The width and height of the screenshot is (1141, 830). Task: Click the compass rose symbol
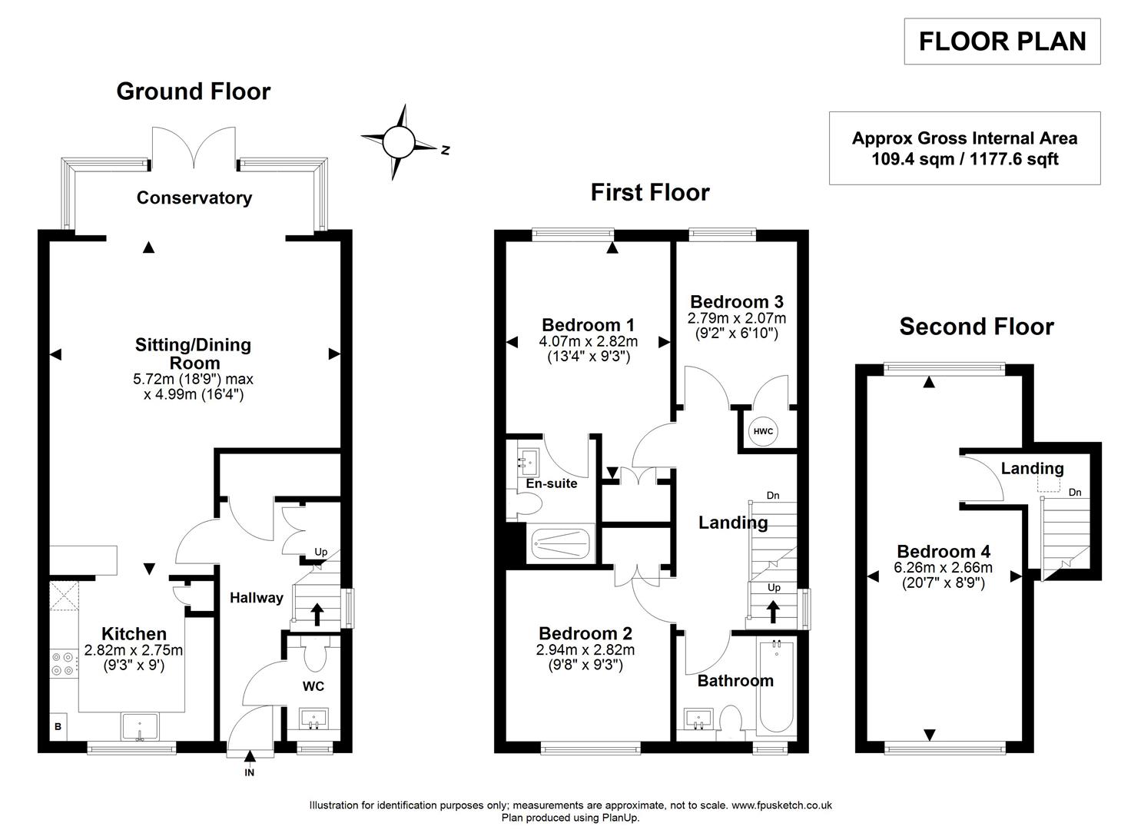tap(399, 142)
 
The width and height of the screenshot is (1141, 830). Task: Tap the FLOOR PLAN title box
tap(1002, 41)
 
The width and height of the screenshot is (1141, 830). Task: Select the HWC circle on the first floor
tap(762, 431)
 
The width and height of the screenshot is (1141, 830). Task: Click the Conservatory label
tap(194, 198)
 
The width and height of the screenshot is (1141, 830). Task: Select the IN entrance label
tap(249, 772)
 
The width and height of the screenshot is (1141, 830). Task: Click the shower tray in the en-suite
tap(561, 544)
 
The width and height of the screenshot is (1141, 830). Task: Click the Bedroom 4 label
tap(944, 551)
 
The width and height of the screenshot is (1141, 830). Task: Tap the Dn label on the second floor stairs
tap(1075, 493)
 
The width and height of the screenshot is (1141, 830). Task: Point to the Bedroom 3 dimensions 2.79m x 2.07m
tap(736, 318)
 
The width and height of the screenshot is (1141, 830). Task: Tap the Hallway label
tap(257, 598)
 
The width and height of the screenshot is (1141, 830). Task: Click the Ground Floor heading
tap(193, 91)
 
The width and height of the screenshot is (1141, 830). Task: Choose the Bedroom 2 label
tap(585, 633)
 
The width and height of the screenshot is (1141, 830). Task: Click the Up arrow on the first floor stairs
tap(773, 611)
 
